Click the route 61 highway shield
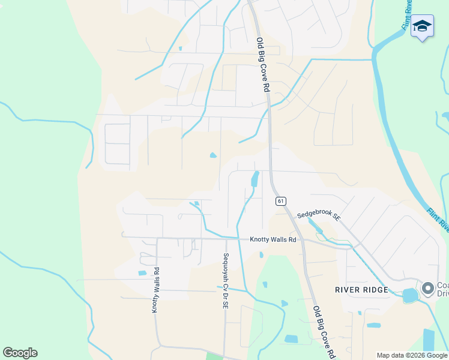[280, 200]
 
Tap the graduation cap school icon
[422, 26]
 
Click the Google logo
[20, 353]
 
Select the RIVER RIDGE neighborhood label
[359, 289]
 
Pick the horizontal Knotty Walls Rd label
[273, 239]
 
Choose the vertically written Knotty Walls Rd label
[155, 290]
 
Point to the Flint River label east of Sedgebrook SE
[438, 220]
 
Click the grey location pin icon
[427, 289]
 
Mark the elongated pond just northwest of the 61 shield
[255, 178]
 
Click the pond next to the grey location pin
[410, 295]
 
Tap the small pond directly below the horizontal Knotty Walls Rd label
[261, 255]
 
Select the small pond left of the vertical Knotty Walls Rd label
[142, 273]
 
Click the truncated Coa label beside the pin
[443, 286]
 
